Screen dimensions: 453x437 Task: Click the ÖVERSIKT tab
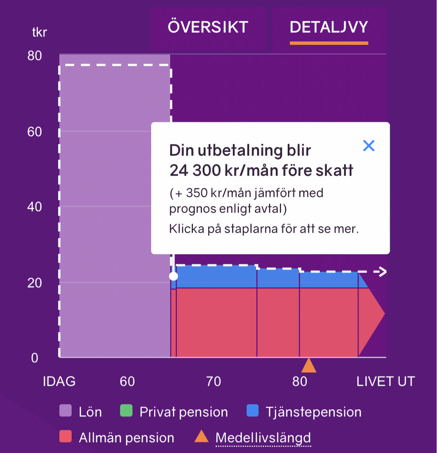coord(208,27)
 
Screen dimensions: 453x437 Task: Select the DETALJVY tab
coord(329,27)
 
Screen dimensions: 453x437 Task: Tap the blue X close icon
coord(369,145)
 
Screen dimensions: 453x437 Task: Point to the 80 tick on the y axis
coord(35,56)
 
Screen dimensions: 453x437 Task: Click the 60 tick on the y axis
coord(35,132)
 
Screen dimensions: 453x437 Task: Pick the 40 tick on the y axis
coord(35,207)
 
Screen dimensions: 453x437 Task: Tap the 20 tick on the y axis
coord(35,283)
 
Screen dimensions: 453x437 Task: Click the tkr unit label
coord(39,32)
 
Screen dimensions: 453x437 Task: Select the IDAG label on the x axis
coord(59,381)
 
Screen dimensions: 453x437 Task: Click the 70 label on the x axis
coord(213,381)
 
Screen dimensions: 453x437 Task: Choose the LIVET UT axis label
coord(385,381)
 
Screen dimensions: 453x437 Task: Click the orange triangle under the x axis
coord(309,366)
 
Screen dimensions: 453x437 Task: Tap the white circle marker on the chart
coord(174,276)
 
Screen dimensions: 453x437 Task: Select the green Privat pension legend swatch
coord(126,411)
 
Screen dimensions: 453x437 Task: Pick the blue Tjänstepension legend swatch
coord(252,411)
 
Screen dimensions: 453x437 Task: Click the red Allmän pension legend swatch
coord(66,437)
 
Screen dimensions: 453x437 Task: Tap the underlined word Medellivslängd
coord(263,438)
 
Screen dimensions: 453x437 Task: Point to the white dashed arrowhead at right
coord(382,272)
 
